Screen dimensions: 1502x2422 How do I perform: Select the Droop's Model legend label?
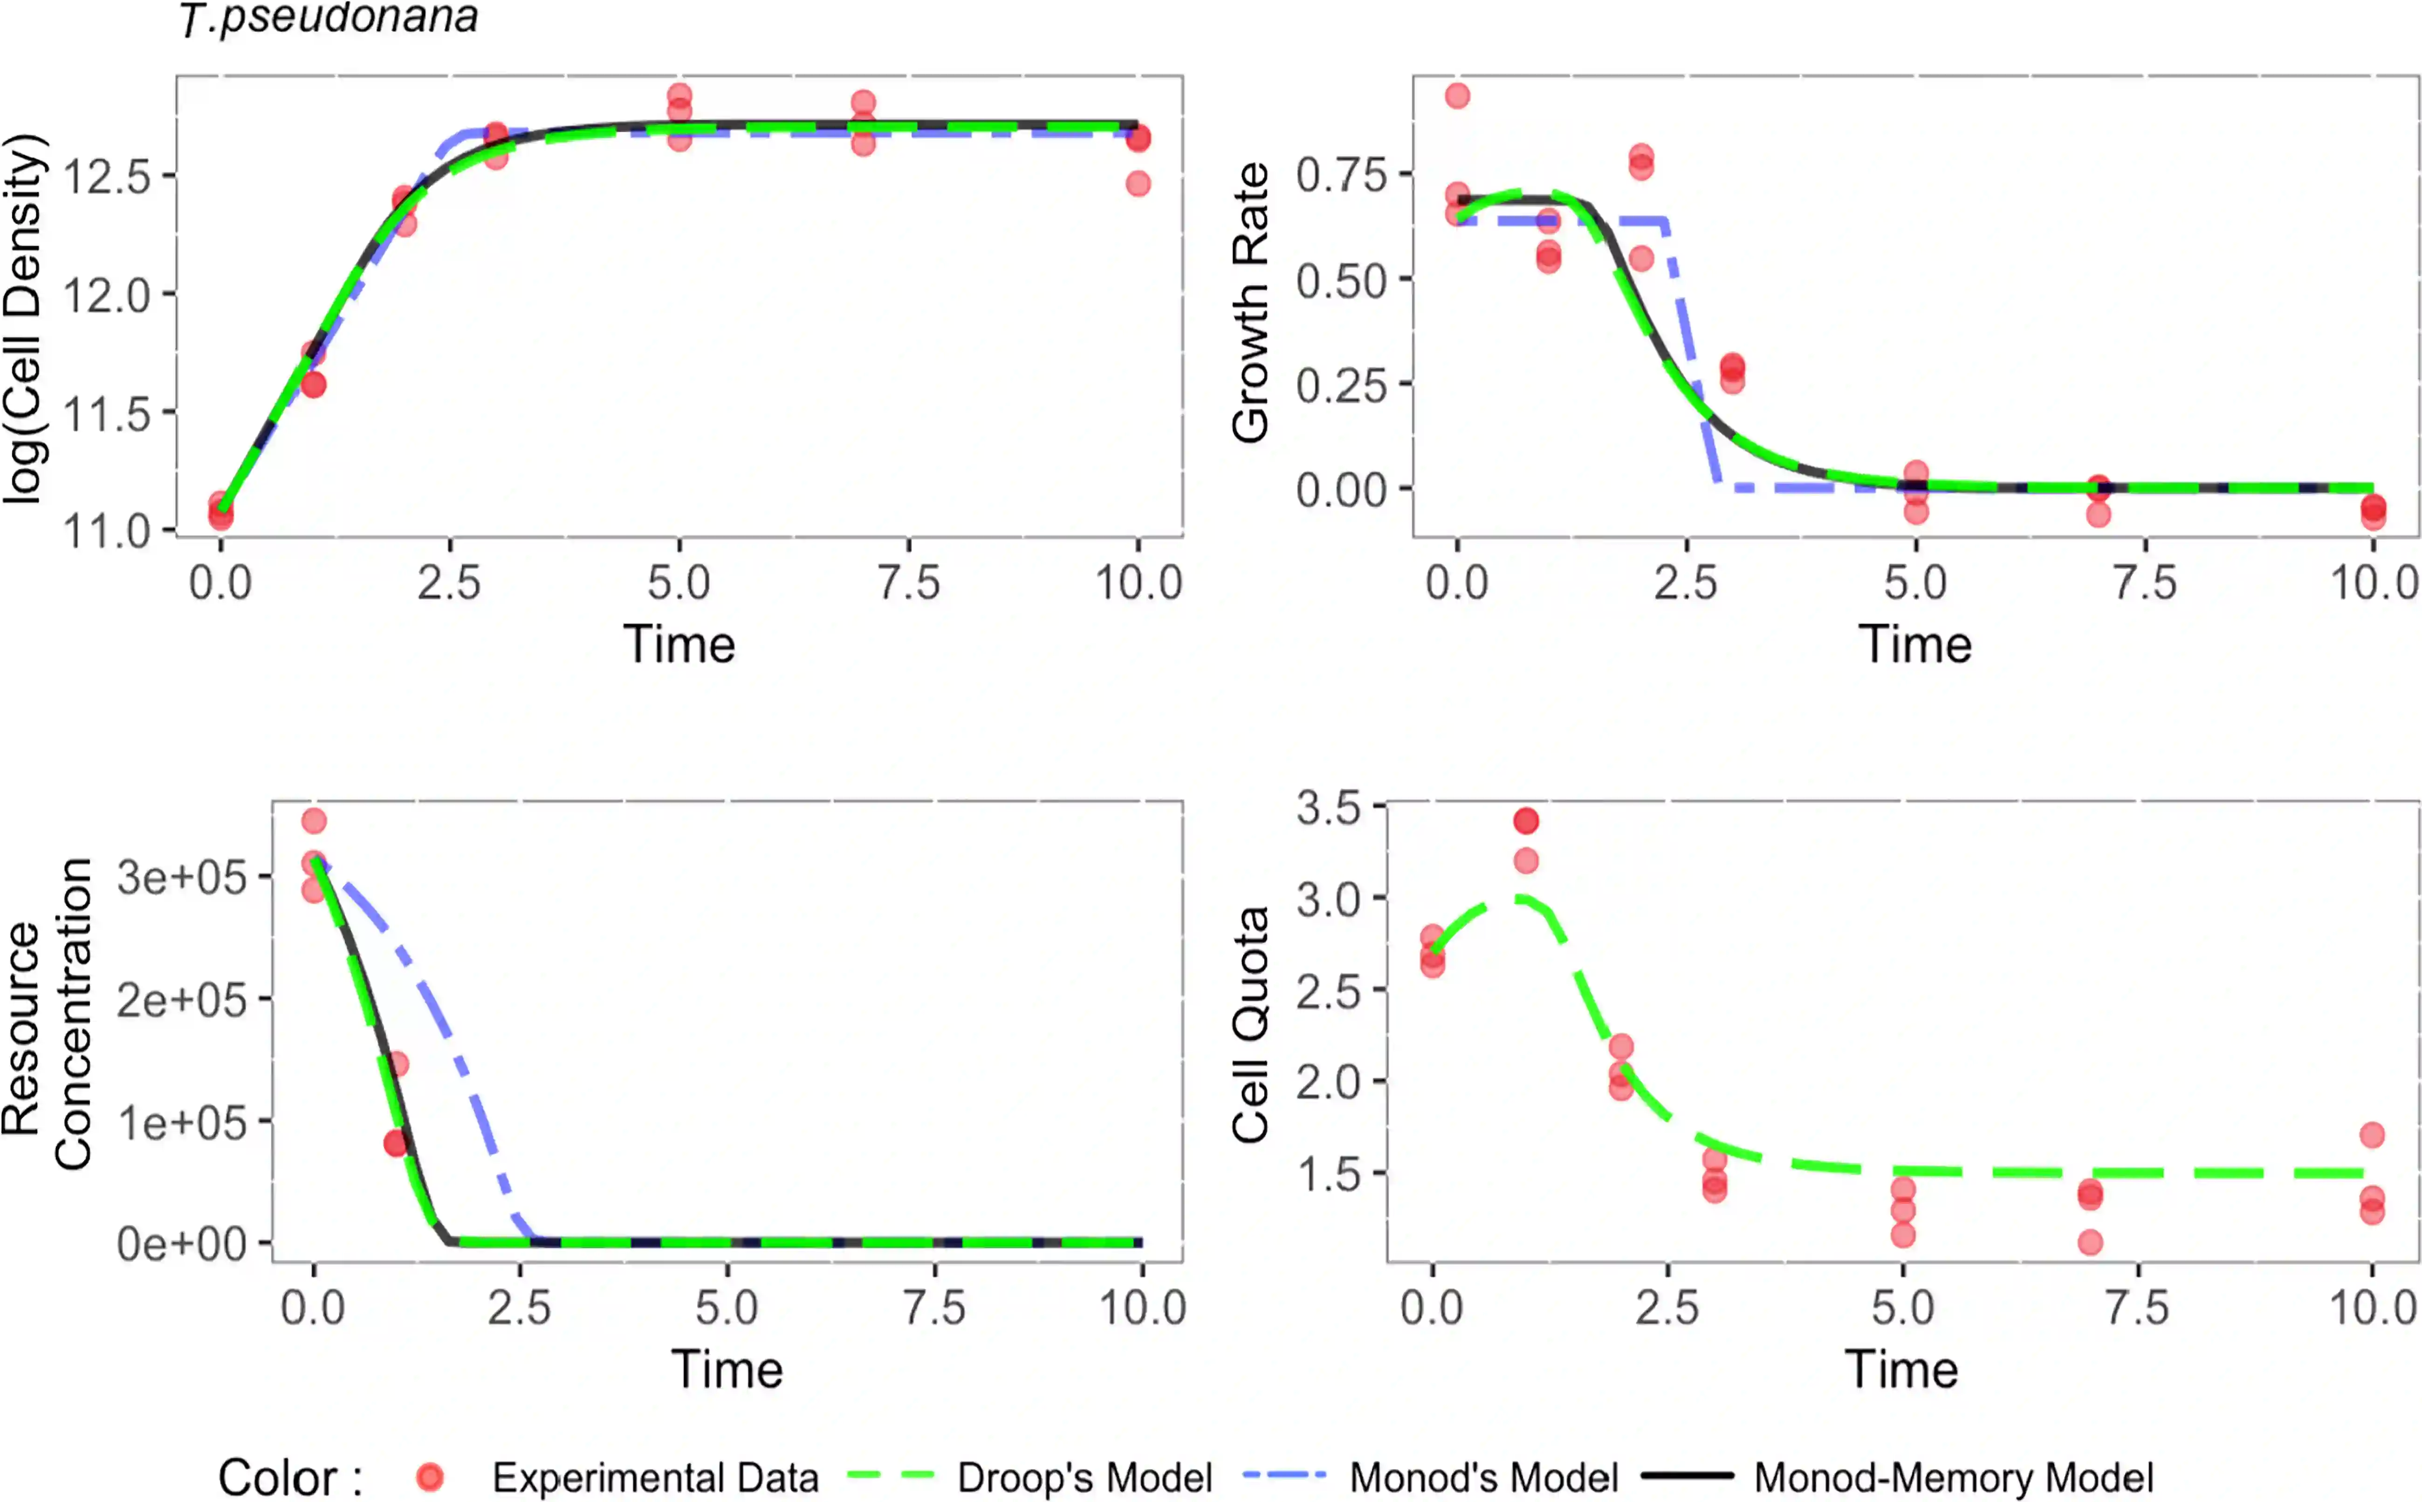pyautogui.click(x=1085, y=1477)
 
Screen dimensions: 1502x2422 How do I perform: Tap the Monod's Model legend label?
pyautogui.click(x=1484, y=1477)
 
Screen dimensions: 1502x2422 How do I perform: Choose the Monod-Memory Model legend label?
pyautogui.click(x=1953, y=1477)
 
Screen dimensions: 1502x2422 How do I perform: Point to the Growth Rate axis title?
pyautogui.click(x=1250, y=303)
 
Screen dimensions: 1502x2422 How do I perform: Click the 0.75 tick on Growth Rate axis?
pyautogui.click(x=1341, y=175)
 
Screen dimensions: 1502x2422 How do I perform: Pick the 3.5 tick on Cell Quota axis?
pyautogui.click(x=1328, y=808)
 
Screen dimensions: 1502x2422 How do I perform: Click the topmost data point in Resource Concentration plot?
pyautogui.click(x=314, y=820)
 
